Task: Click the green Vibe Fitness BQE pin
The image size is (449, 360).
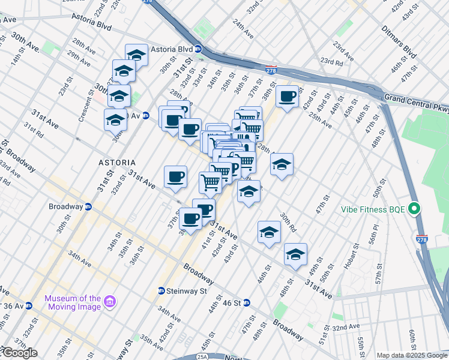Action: pos(414,209)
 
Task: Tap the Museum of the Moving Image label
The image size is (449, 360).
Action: pos(73,302)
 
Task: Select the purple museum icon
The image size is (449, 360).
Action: pos(110,301)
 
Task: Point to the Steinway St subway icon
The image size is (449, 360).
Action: pos(161,291)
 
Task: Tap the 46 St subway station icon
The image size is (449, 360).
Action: pos(247,303)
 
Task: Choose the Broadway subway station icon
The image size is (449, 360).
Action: pos(88,206)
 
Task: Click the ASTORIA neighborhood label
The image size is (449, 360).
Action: pos(117,163)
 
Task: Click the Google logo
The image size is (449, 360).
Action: pos(19,353)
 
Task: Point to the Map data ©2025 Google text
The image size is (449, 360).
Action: pos(412,355)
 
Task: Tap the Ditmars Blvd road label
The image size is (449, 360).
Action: pos(399,41)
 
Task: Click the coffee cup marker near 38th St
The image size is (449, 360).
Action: pos(287,97)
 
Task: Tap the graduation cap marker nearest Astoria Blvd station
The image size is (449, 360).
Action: pos(136,55)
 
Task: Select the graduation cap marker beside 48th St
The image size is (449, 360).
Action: pos(295,254)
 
